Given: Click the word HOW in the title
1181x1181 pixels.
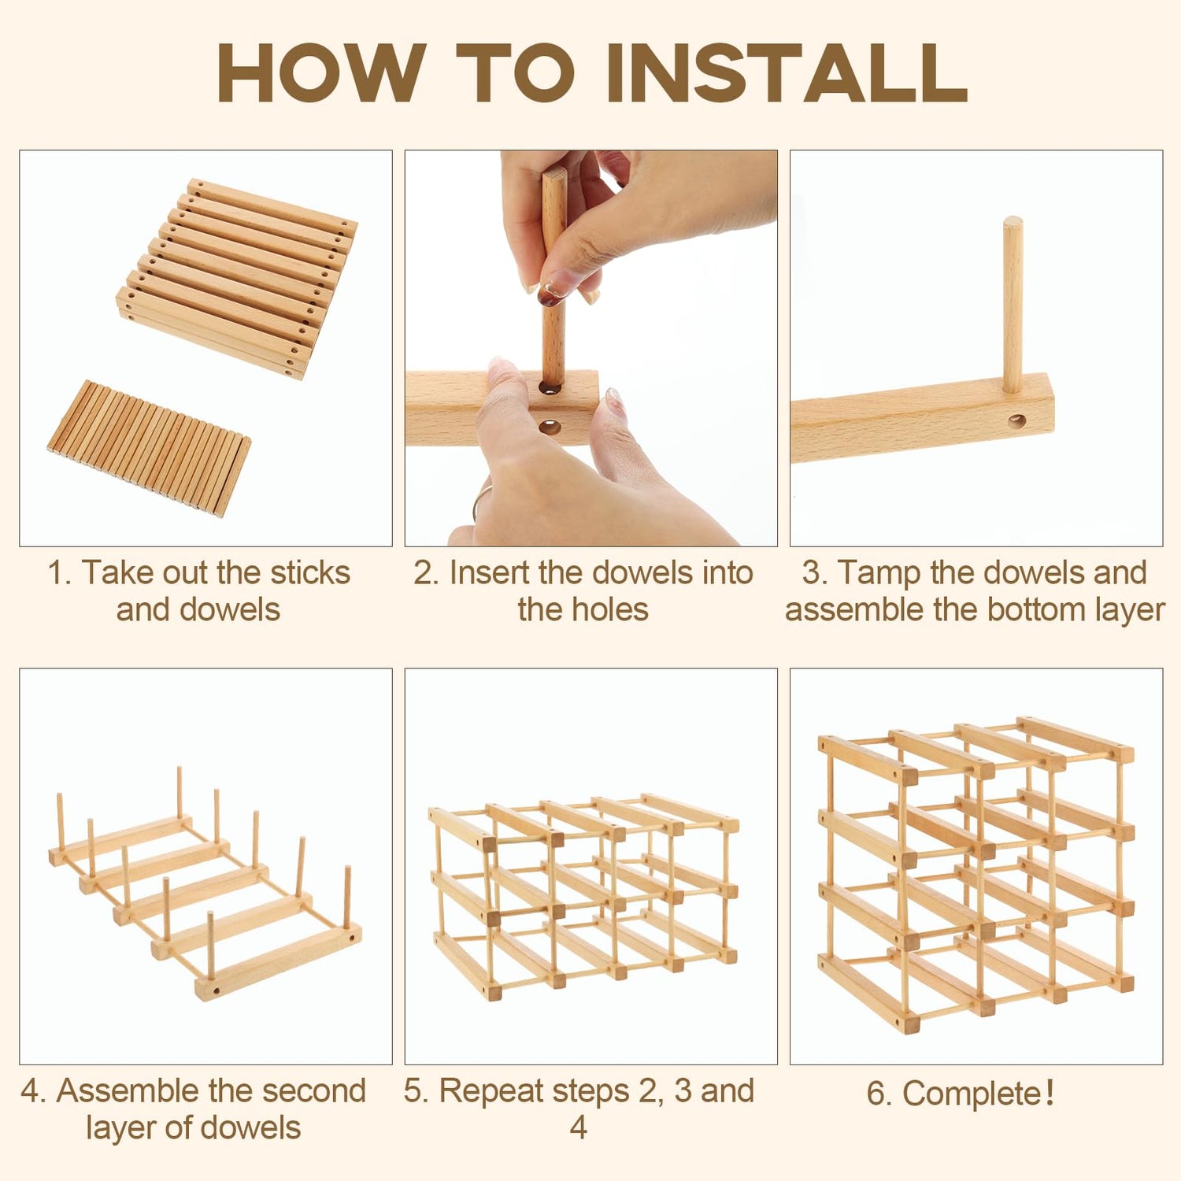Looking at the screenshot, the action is pos(320,72).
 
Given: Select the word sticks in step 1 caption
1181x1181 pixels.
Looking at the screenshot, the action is pos(310,572).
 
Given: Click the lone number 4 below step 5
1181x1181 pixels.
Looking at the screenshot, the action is pos(579,1128).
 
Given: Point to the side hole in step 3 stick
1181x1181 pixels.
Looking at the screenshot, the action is pos(1017,422).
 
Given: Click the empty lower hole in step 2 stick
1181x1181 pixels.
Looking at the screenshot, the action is pos(550,428).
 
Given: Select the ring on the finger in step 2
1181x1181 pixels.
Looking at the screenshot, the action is pos(479,501).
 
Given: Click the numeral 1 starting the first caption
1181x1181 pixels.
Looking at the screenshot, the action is pos(55,573).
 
